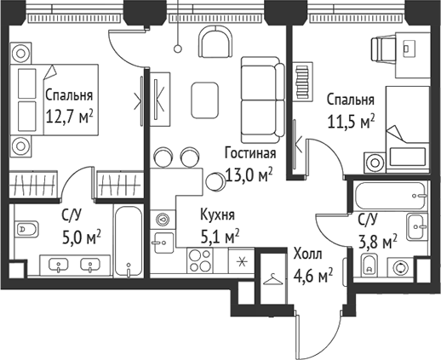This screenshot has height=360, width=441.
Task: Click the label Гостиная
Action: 250,154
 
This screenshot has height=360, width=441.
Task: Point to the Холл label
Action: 307,254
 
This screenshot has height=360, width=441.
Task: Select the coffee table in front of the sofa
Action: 204,99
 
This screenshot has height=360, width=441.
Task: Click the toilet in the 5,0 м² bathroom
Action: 26,228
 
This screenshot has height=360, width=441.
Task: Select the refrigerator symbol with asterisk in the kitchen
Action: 242,260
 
